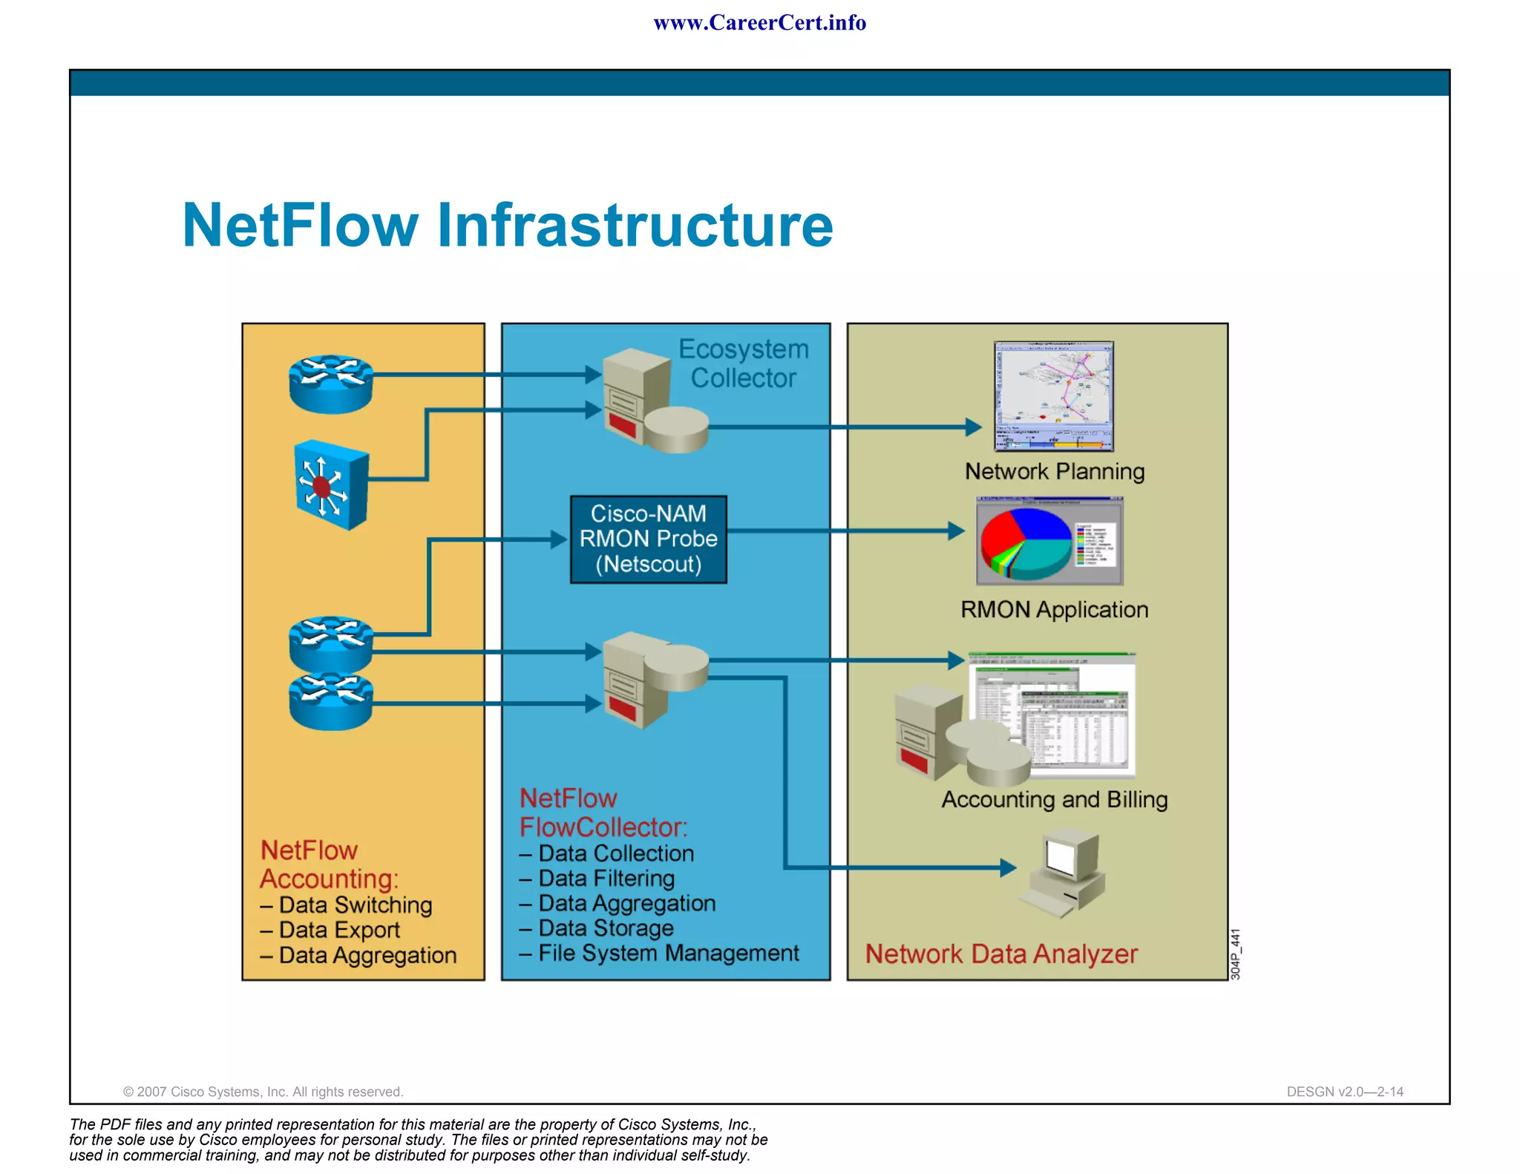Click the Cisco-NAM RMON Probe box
[x=648, y=540]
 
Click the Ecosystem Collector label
[x=743, y=364]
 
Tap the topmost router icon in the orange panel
[x=331, y=383]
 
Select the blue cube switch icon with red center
[x=330, y=485]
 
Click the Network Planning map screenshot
[x=1053, y=396]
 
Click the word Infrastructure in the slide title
[x=635, y=226]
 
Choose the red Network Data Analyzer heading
[x=1000, y=954]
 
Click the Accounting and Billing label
[x=1054, y=799]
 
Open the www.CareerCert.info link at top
[x=759, y=23]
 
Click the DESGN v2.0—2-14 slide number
[x=1344, y=1092]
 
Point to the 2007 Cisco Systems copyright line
[x=263, y=1092]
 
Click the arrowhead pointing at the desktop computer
[x=1008, y=868]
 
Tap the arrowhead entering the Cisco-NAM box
[x=560, y=540]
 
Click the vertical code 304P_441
[x=1236, y=954]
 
